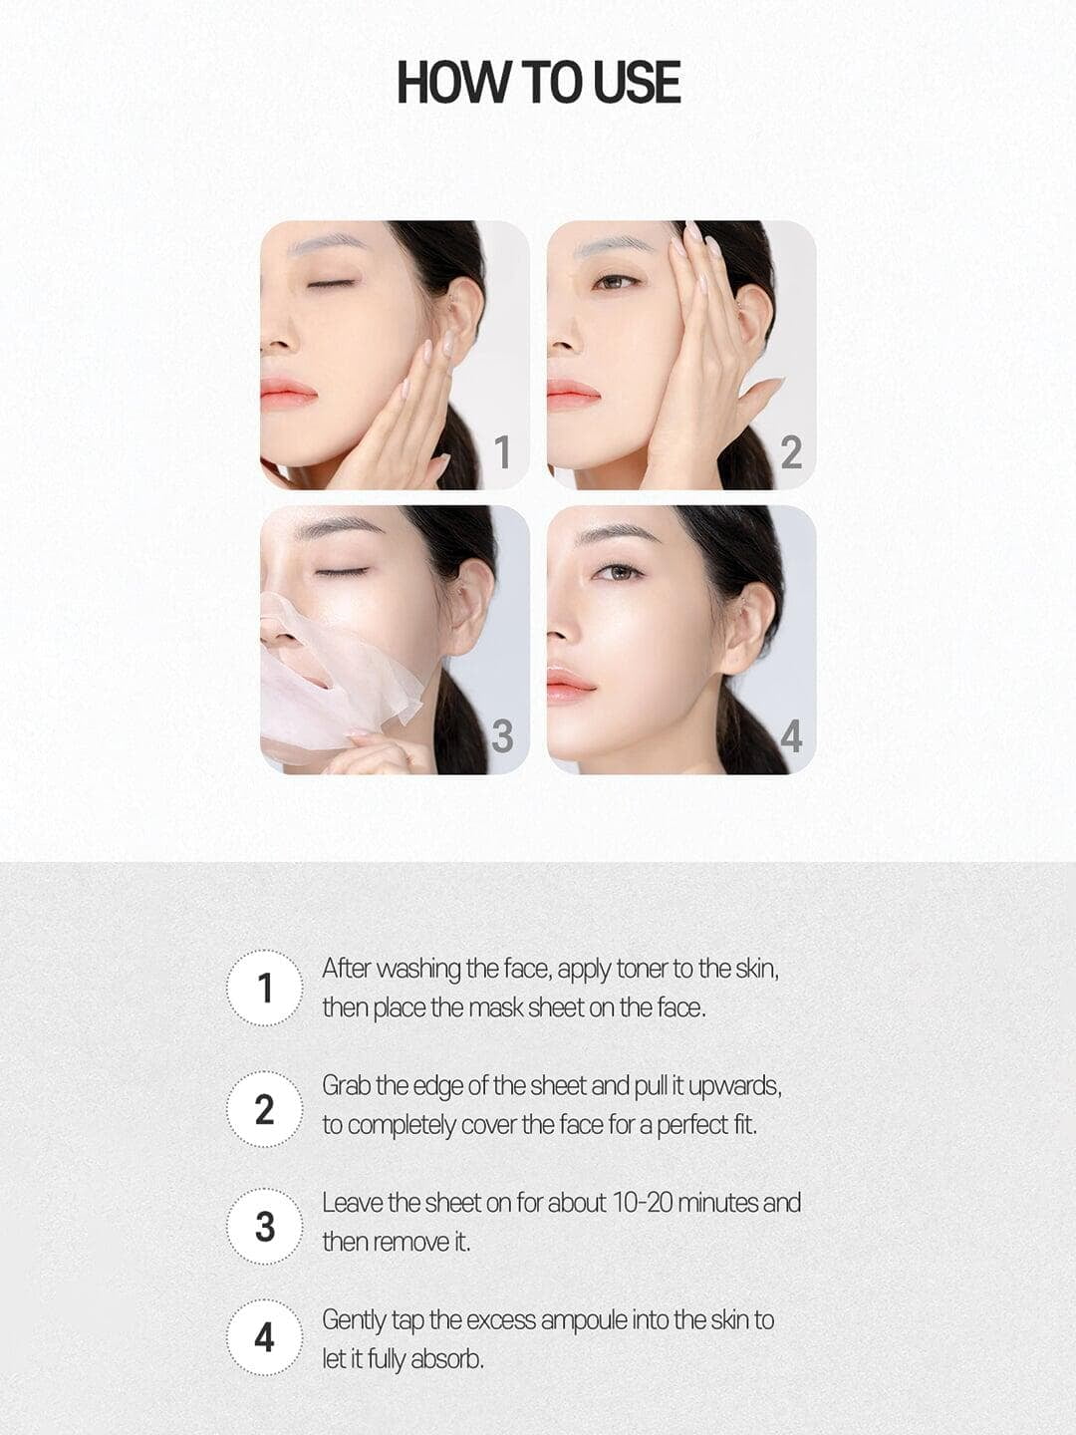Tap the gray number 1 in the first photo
(502, 452)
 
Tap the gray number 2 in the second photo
(791, 452)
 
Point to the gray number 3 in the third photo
(502, 736)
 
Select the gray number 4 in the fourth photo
(791, 736)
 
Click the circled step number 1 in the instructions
(265, 988)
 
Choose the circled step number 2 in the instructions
(265, 1109)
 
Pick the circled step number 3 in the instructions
(265, 1227)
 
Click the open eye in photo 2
(616, 283)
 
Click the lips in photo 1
(288, 393)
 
